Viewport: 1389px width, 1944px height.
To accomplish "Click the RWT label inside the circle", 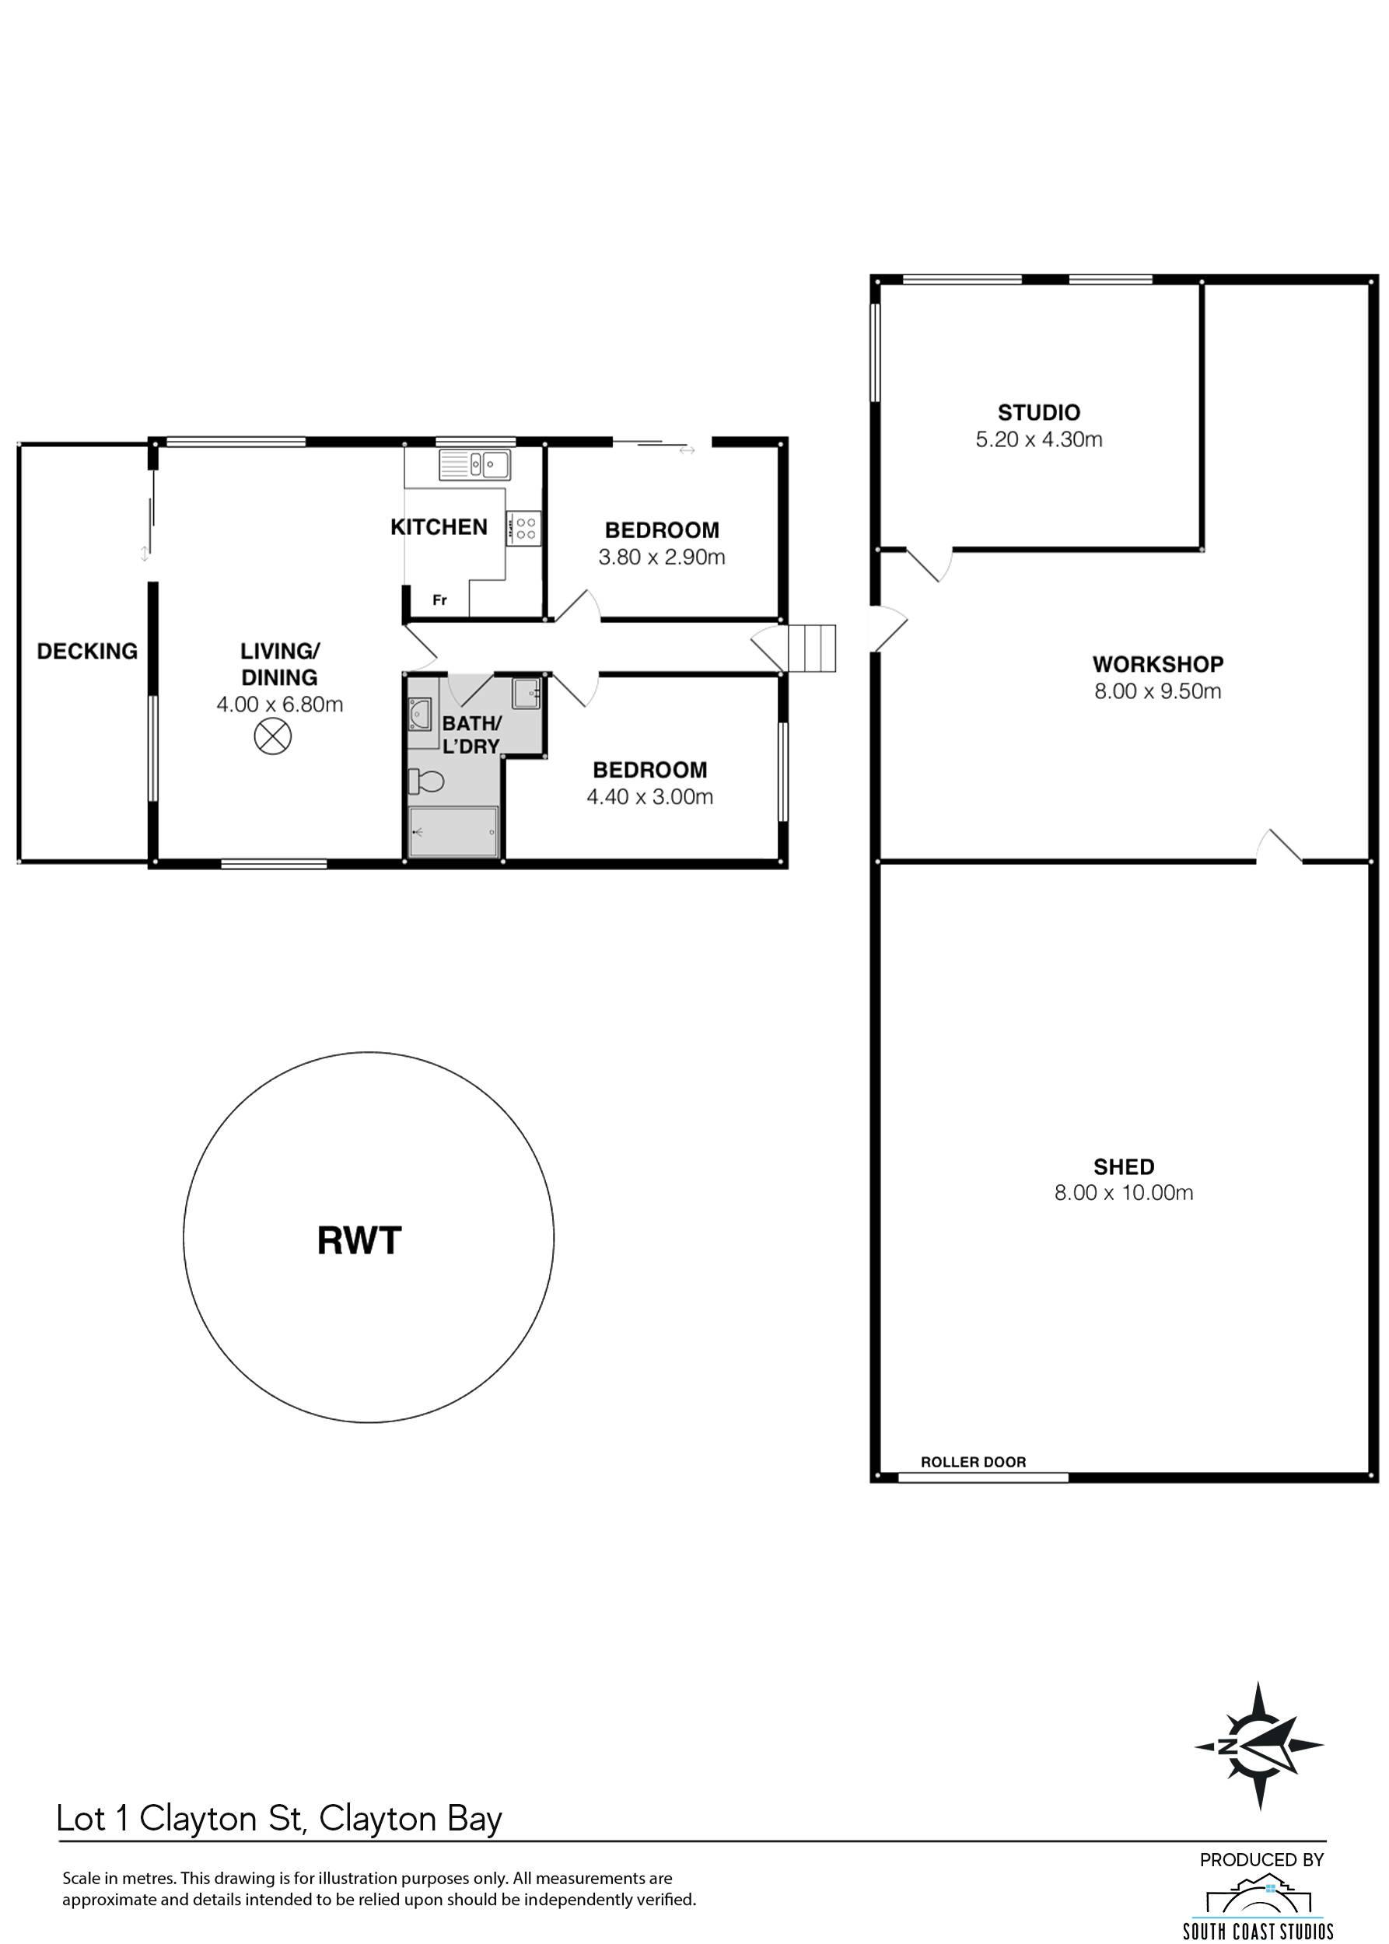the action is click(359, 1240).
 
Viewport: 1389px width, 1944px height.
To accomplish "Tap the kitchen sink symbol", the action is click(474, 464).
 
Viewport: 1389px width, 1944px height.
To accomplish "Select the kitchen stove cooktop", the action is click(523, 527).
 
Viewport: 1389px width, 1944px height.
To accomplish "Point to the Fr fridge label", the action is click(439, 600).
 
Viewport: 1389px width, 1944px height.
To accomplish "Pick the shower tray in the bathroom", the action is click(453, 831).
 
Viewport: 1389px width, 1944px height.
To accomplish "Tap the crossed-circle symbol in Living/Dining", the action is click(273, 736).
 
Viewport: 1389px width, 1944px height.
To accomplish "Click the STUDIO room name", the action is click(1039, 413).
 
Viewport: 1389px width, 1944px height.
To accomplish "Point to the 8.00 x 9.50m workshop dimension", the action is click(1158, 691).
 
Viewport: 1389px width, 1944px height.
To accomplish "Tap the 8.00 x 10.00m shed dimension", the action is click(1124, 1192).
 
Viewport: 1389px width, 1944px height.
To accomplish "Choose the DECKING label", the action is click(87, 652).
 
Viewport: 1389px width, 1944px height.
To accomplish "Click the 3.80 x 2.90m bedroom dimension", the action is click(662, 558).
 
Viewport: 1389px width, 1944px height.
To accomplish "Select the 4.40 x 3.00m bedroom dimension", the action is click(650, 797).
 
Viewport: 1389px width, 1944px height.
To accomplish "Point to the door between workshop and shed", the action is click(1279, 847).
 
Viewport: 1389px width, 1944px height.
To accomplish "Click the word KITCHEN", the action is click(439, 527).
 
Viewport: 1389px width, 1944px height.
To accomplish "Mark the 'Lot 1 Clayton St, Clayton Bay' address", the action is click(279, 1818).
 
